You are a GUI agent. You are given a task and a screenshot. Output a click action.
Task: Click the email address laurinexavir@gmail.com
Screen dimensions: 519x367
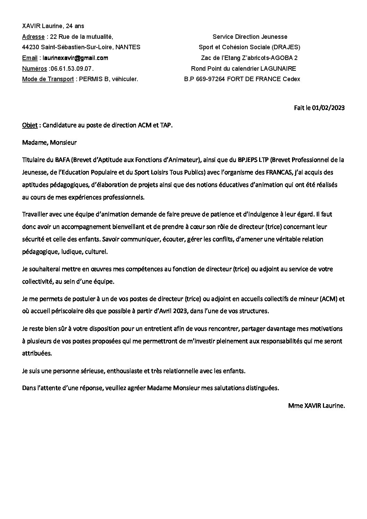pyautogui.click(x=75, y=58)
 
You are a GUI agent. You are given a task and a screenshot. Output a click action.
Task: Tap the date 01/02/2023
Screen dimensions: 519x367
pyautogui.click(x=328, y=108)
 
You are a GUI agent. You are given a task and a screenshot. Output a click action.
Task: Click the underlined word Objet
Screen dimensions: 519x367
pyautogui.click(x=29, y=125)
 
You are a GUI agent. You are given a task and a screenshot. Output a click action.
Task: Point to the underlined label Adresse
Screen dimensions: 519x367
pyautogui.click(x=33, y=37)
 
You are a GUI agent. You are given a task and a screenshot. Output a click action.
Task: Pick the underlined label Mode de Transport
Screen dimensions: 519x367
pyautogui.click(x=48, y=79)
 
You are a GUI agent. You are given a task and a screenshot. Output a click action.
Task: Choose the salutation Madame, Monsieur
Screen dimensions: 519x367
pyautogui.click(x=49, y=142)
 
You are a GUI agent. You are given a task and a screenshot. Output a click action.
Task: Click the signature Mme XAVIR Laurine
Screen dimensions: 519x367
pyautogui.click(x=316, y=405)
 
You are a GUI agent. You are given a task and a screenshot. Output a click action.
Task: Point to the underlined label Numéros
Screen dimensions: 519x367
pyautogui.click(x=34, y=69)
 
